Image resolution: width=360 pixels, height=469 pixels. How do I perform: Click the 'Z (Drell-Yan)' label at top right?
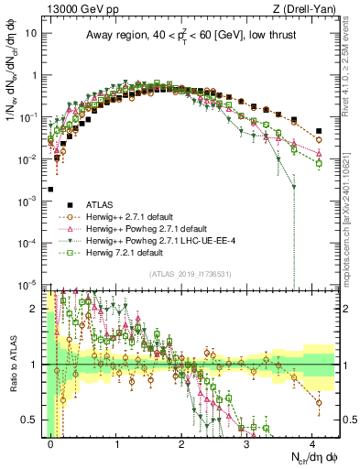click(x=306, y=9)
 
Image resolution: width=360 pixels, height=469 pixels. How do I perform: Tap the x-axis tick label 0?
click(x=52, y=442)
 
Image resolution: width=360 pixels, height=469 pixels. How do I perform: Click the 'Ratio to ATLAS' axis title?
click(x=13, y=364)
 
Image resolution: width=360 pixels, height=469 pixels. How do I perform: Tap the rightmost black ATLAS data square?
click(x=318, y=131)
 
